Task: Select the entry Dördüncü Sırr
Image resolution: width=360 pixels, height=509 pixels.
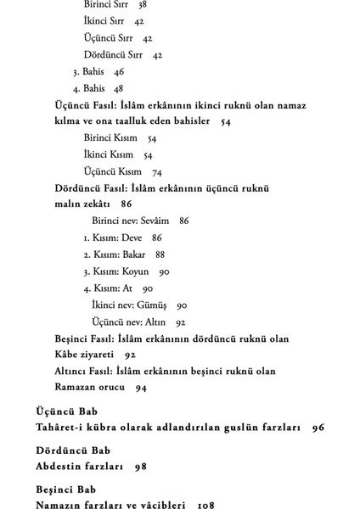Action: (x=115, y=54)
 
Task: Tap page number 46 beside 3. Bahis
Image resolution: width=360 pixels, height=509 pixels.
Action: (x=118, y=71)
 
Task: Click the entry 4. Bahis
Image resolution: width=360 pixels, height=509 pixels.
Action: (x=88, y=87)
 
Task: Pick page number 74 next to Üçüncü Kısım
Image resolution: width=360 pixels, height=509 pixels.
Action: (x=157, y=171)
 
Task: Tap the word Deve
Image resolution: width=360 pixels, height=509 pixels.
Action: (x=132, y=238)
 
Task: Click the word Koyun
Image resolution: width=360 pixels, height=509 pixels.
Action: (x=136, y=271)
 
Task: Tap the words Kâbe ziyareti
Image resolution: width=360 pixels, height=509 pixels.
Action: (x=82, y=354)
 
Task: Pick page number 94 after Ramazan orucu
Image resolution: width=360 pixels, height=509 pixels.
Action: (x=140, y=387)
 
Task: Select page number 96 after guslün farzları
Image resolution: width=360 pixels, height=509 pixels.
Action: (x=318, y=427)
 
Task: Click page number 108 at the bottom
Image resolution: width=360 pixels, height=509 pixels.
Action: (x=204, y=505)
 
